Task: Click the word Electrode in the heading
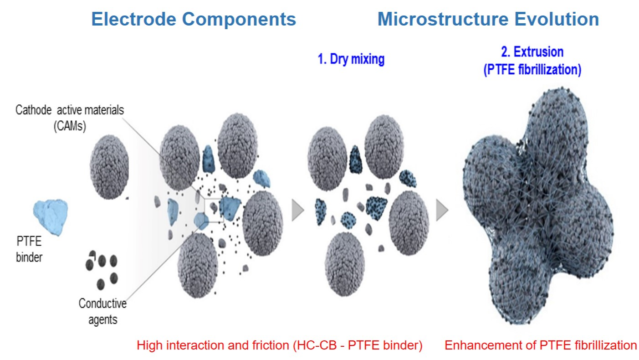[133, 19]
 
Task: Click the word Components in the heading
[239, 20]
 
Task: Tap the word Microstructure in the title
[443, 19]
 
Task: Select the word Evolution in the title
[557, 19]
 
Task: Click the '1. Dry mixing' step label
[351, 59]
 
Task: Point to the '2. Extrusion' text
[532, 51]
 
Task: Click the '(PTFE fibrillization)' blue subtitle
[532, 70]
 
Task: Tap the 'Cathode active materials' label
[70, 110]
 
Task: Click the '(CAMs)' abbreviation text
[70, 126]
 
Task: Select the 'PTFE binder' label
[29, 249]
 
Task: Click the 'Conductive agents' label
[102, 311]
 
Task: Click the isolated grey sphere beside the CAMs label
[109, 167]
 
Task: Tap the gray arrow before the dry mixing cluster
[297, 210]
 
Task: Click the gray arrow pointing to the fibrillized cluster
[442, 210]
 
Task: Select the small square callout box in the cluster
[214, 210]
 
